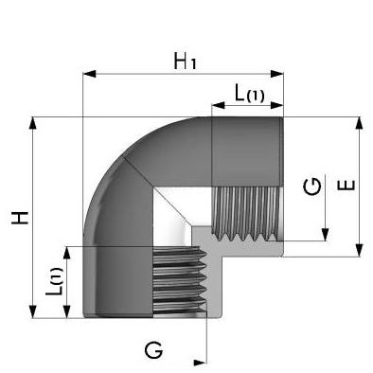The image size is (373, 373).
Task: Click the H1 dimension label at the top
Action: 186,62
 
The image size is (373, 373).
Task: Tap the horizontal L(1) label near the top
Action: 249,94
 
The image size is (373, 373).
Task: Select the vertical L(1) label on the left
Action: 54,281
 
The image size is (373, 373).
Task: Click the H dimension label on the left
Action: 20,218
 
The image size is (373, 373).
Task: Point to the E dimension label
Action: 346,186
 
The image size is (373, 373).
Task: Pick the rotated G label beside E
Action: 312,186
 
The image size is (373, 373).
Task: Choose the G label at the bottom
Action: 153,350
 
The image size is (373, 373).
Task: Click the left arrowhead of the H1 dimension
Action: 89,74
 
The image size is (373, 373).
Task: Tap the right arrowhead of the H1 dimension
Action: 277,74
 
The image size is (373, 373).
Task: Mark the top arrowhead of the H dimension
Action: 32,123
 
